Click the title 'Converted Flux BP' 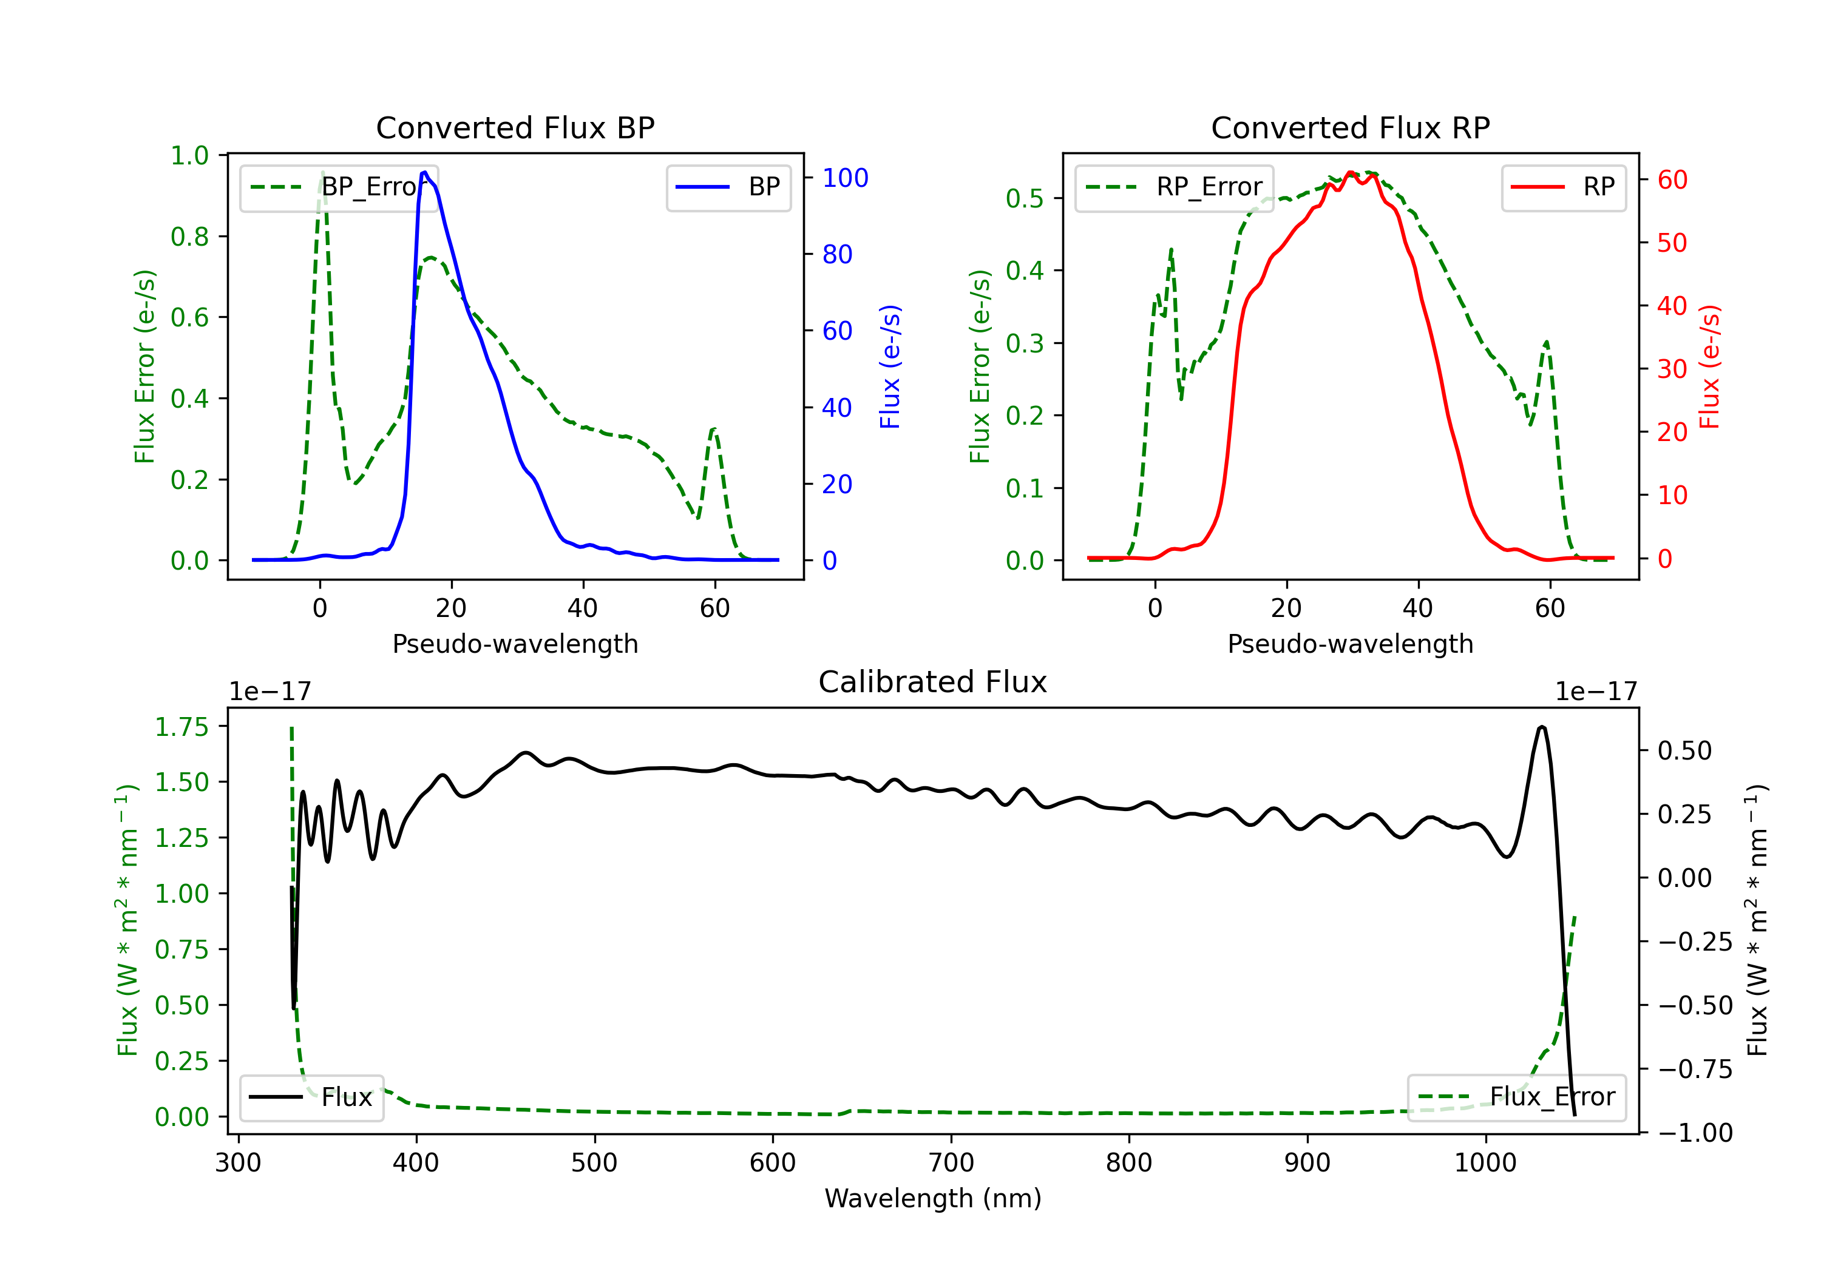pos(515,127)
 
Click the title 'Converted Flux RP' pos(1350,127)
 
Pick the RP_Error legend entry pos(1174,187)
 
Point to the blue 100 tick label pos(845,178)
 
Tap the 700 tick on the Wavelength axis pos(951,1162)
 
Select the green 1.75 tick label pos(181,727)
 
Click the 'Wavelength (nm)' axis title pos(933,1198)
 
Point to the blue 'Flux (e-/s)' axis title pos(890,366)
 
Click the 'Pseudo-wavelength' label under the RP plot pos(1350,644)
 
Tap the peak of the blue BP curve pos(425,172)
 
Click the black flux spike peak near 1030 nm pos(1541,726)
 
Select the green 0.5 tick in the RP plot pos(1024,198)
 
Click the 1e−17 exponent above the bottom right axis pos(1596,692)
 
